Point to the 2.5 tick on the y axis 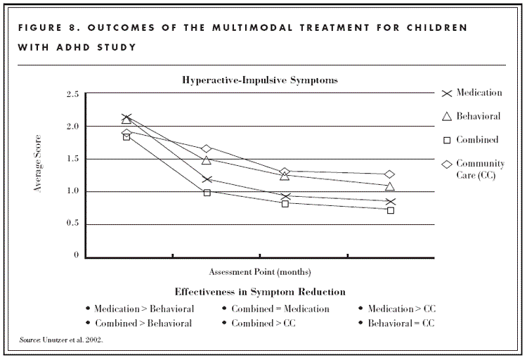[72, 94]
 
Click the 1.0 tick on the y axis [72, 191]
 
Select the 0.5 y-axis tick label [72, 224]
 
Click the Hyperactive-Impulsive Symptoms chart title [260, 80]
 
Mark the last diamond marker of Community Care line [390, 174]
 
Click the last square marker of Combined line [390, 210]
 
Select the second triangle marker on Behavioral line [207, 160]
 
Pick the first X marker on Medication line [126, 118]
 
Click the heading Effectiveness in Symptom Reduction [260, 291]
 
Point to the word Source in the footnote [30, 340]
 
